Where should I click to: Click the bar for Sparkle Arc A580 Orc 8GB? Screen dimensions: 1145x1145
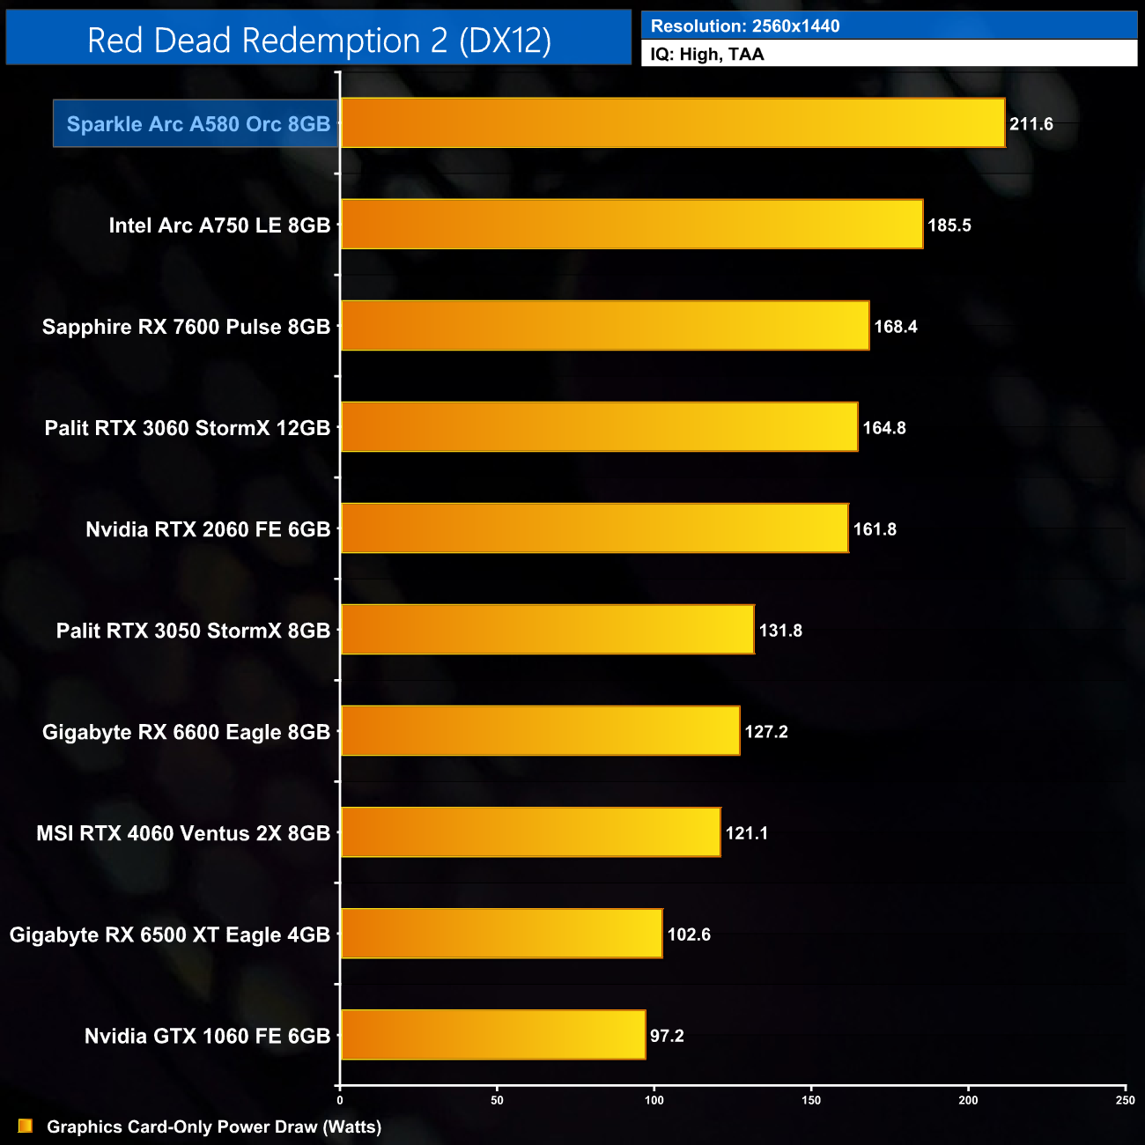pos(672,123)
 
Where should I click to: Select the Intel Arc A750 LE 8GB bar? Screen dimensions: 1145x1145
pos(632,225)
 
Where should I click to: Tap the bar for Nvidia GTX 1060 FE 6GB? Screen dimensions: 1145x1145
pos(492,1035)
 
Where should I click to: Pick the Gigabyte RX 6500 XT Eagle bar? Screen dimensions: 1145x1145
pos(501,934)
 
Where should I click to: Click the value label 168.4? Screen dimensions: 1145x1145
pos(895,327)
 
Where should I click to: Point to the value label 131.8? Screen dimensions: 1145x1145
pos(780,631)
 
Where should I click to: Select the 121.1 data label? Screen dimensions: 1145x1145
pos(746,833)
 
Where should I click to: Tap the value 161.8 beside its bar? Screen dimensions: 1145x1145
pos(875,529)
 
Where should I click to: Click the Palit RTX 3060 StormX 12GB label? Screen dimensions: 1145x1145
pos(188,428)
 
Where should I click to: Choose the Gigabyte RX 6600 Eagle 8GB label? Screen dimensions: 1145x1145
pos(186,732)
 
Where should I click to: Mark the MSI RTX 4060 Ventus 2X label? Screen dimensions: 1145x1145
pos(183,833)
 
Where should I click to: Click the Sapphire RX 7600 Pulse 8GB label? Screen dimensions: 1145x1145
pos(186,327)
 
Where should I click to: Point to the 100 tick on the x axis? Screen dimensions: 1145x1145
pos(654,1100)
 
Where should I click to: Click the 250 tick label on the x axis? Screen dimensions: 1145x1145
pos(1125,1100)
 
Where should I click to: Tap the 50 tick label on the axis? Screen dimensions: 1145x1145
pos(497,1100)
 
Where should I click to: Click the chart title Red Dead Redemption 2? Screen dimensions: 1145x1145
pos(319,41)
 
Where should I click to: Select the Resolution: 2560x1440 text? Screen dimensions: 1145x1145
pos(745,26)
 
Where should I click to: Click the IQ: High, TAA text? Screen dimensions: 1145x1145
pos(707,55)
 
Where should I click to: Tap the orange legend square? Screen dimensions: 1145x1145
pos(26,1126)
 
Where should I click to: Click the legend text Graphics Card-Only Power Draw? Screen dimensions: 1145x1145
pos(214,1127)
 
